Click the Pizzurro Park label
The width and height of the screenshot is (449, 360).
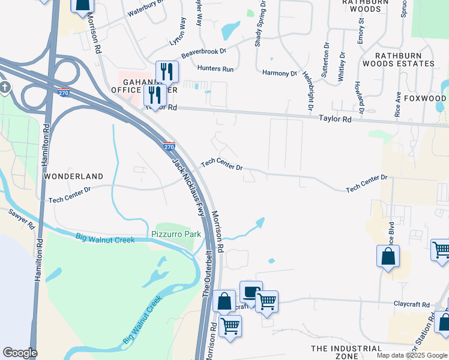175,233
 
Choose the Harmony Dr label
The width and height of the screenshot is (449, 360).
280,73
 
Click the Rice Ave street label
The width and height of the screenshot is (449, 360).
397,104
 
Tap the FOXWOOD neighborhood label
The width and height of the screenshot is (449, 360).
425,98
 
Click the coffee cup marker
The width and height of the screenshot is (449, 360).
250,292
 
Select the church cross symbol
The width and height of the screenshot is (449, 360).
5,88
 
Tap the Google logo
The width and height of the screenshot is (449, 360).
20,353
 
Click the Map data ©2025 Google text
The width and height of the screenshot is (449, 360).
412,355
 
